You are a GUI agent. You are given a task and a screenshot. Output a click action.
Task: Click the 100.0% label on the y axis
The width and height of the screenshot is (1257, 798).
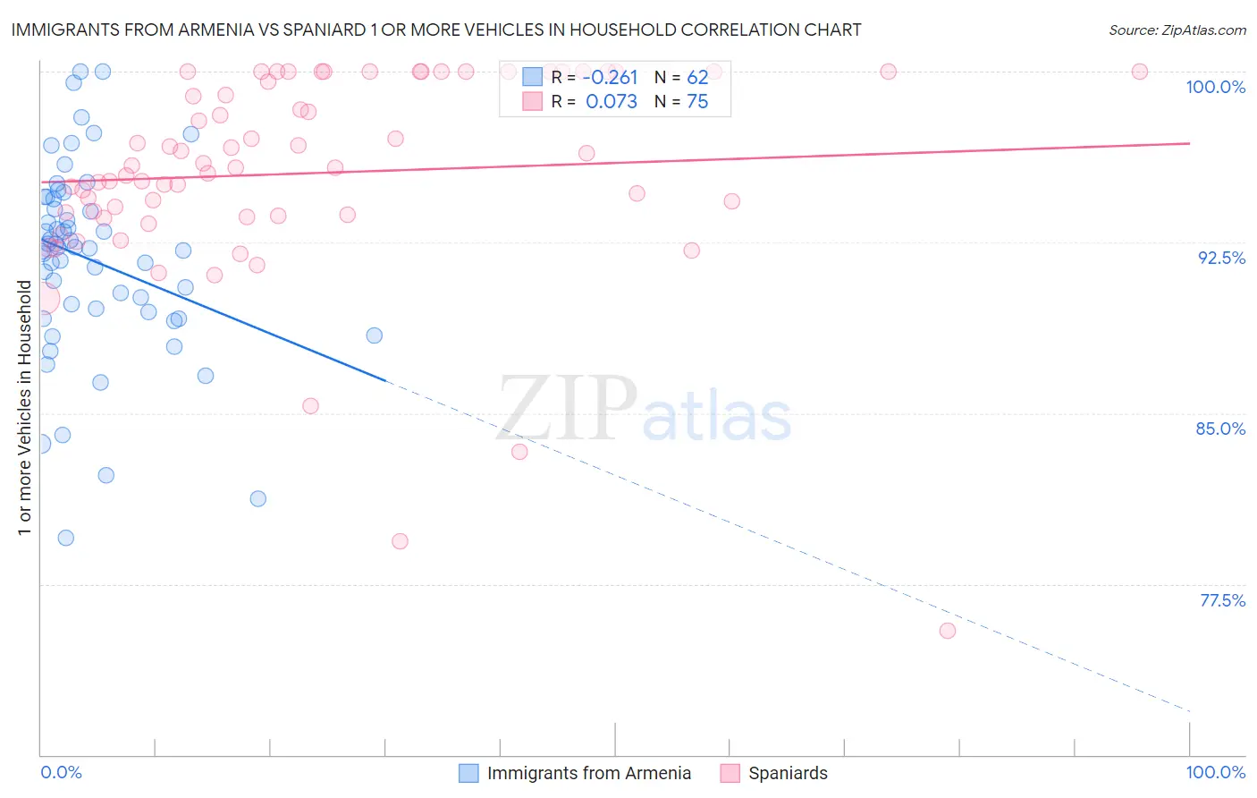(1215, 87)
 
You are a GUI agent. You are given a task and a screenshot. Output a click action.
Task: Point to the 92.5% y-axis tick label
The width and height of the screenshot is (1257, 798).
(1221, 258)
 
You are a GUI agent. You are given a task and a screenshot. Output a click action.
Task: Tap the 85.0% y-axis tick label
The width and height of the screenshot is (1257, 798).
(1220, 429)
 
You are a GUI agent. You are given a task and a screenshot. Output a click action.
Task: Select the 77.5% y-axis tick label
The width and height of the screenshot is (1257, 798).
(1222, 600)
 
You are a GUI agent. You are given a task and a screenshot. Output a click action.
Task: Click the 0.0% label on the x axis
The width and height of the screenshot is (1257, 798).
(61, 772)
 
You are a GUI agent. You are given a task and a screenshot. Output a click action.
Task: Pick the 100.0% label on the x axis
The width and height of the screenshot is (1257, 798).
(1215, 772)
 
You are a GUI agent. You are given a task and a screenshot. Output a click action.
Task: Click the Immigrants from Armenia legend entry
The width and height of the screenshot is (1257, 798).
(588, 773)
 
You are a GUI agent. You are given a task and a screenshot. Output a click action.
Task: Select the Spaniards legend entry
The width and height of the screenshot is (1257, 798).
(788, 773)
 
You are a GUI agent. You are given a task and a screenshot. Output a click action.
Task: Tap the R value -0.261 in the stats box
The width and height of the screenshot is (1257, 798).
(611, 78)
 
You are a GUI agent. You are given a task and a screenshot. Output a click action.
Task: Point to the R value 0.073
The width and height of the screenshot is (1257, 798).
(612, 102)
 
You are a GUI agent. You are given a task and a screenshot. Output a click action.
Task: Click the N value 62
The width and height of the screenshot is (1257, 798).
(697, 78)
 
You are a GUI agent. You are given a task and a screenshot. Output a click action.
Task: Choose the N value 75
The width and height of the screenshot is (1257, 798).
(697, 102)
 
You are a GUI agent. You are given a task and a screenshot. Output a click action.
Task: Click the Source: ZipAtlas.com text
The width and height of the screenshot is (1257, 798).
(1177, 30)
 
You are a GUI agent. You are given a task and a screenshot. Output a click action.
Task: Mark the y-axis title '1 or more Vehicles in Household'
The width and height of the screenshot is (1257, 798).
(24, 408)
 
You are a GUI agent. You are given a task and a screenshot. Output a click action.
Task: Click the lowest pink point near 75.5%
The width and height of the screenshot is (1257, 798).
(948, 631)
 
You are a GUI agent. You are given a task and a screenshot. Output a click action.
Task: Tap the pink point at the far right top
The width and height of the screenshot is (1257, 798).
(1140, 72)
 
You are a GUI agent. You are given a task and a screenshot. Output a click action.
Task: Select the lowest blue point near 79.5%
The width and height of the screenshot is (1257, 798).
(65, 538)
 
